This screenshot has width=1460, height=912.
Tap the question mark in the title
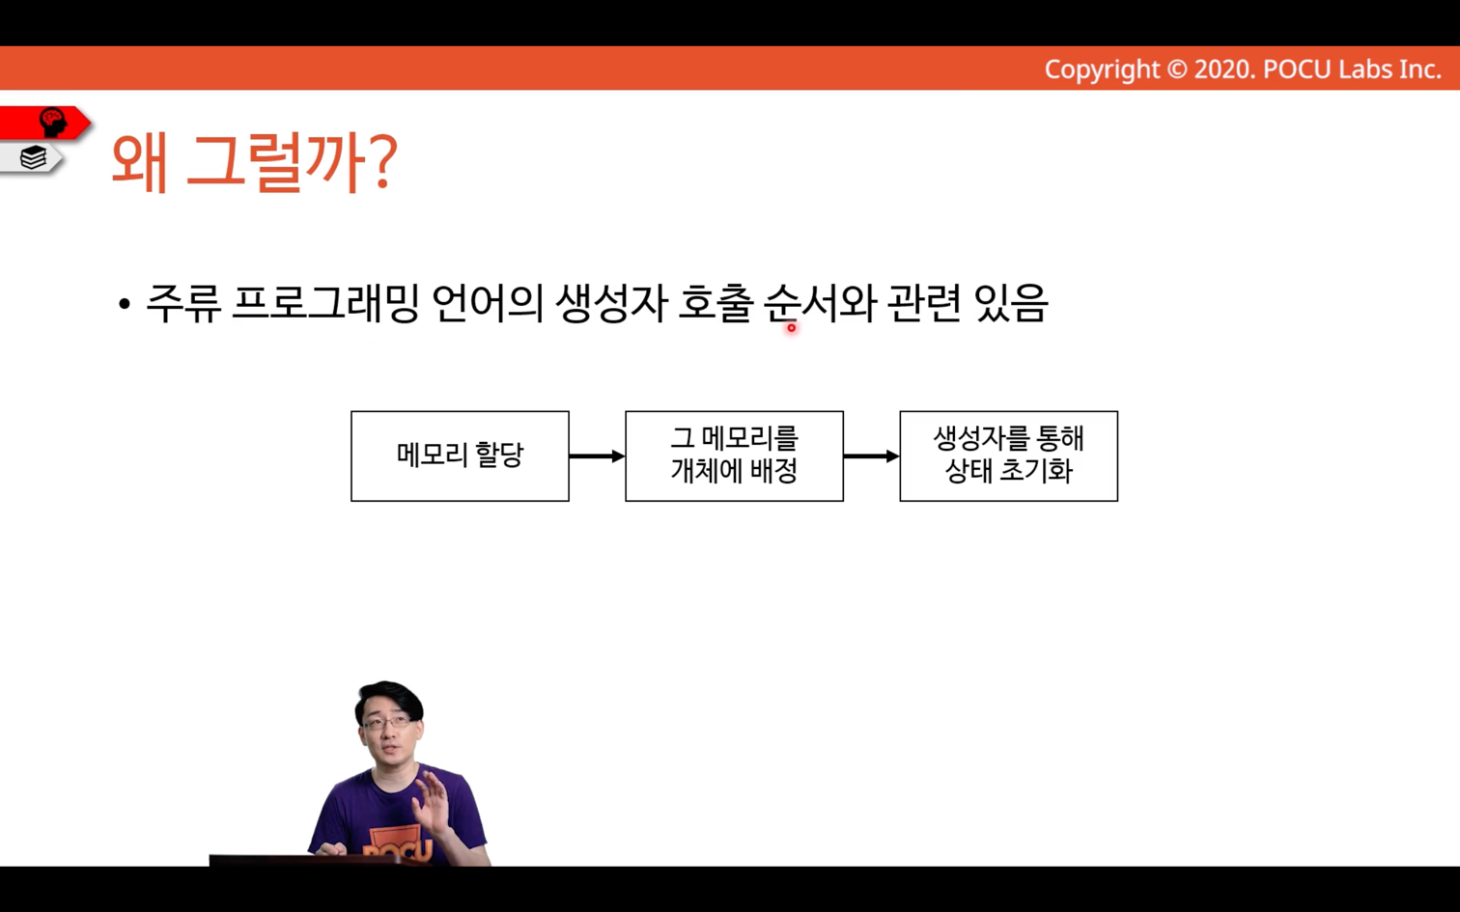[x=379, y=160]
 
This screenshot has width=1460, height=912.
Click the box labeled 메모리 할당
[x=461, y=456]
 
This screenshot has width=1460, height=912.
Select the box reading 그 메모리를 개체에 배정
[x=735, y=456]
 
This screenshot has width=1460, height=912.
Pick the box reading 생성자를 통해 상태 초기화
[x=1009, y=456]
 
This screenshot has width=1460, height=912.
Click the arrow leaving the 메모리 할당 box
[x=597, y=456]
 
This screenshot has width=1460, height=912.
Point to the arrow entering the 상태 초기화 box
[x=871, y=456]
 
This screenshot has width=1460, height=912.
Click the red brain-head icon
[x=53, y=123]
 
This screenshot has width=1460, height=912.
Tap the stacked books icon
[x=33, y=157]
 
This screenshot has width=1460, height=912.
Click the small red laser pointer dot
[x=791, y=328]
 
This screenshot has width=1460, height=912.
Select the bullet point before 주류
[x=125, y=304]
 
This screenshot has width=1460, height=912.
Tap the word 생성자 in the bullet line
[x=611, y=304]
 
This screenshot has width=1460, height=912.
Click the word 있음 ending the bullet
[x=1011, y=304]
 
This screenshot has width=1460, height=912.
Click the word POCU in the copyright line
[x=1298, y=69]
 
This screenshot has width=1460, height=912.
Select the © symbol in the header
[x=1177, y=69]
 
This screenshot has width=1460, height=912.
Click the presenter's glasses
[x=387, y=722]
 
